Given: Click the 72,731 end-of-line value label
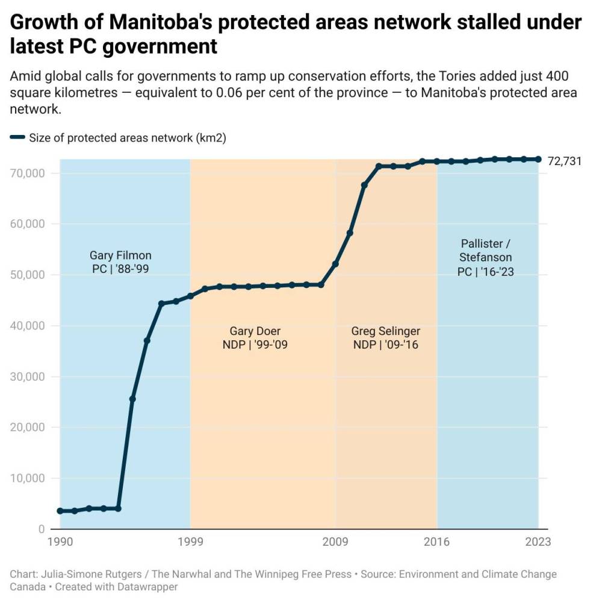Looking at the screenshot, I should tap(565, 161).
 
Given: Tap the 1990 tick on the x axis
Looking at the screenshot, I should tap(60, 542).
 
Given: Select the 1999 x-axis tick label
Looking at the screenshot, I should tap(190, 542).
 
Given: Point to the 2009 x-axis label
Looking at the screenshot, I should tap(335, 542).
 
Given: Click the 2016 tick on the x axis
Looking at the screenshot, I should tap(436, 542).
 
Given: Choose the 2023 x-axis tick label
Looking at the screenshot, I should tap(538, 542).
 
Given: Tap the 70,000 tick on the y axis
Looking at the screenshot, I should tap(28, 173).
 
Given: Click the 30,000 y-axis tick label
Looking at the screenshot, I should tap(28, 376).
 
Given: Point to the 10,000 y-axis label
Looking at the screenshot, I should tap(28, 478).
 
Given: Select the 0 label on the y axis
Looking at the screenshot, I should tap(42, 529).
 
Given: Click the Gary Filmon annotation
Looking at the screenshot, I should tap(120, 262).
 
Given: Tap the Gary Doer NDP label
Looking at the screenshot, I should tap(255, 338).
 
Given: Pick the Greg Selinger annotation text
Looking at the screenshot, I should tap(385, 338).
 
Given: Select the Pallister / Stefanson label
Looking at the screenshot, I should tap(485, 257).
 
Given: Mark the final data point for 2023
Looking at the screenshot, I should tap(538, 159).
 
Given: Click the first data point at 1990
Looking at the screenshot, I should tap(60, 511).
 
